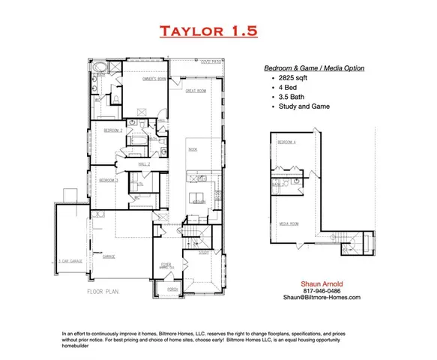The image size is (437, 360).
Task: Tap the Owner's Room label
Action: (154, 79)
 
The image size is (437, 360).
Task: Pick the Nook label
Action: (192, 149)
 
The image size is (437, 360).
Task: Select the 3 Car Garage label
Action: (70, 261)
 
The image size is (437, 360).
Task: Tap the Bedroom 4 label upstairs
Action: (286, 142)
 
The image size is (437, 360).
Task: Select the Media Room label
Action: (290, 223)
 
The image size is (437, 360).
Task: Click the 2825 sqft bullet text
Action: (292, 77)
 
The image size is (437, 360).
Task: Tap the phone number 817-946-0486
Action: (323, 290)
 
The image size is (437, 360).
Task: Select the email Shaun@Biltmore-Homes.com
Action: (323, 298)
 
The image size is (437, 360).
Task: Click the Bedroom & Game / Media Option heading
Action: (316, 68)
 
